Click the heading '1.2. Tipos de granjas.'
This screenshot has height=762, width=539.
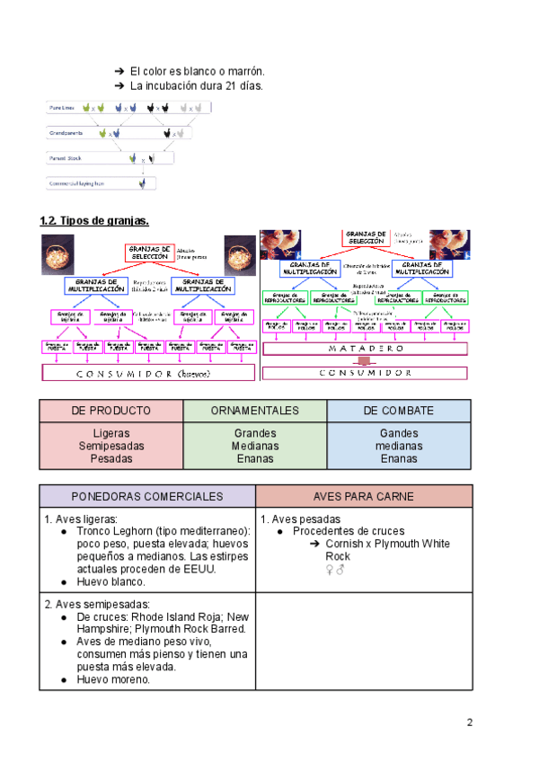[x=94, y=220]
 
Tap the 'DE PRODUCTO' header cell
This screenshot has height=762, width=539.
[x=111, y=411]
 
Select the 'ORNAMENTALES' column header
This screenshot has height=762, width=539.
[x=255, y=411]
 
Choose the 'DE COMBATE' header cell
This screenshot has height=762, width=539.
[x=398, y=411]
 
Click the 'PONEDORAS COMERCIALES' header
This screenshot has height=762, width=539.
[x=147, y=496]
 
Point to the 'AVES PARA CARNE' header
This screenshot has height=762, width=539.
[x=364, y=496]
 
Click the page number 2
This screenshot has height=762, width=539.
[x=469, y=722]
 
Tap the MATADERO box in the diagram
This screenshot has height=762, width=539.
[x=364, y=348]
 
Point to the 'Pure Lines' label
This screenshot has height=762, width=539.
[x=62, y=108]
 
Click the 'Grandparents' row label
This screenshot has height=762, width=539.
[x=66, y=133]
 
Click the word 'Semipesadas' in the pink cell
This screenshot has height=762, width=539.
[x=111, y=446]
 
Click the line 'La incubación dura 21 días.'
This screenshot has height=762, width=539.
[x=196, y=86]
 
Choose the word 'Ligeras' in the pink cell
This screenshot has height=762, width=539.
[x=111, y=433]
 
